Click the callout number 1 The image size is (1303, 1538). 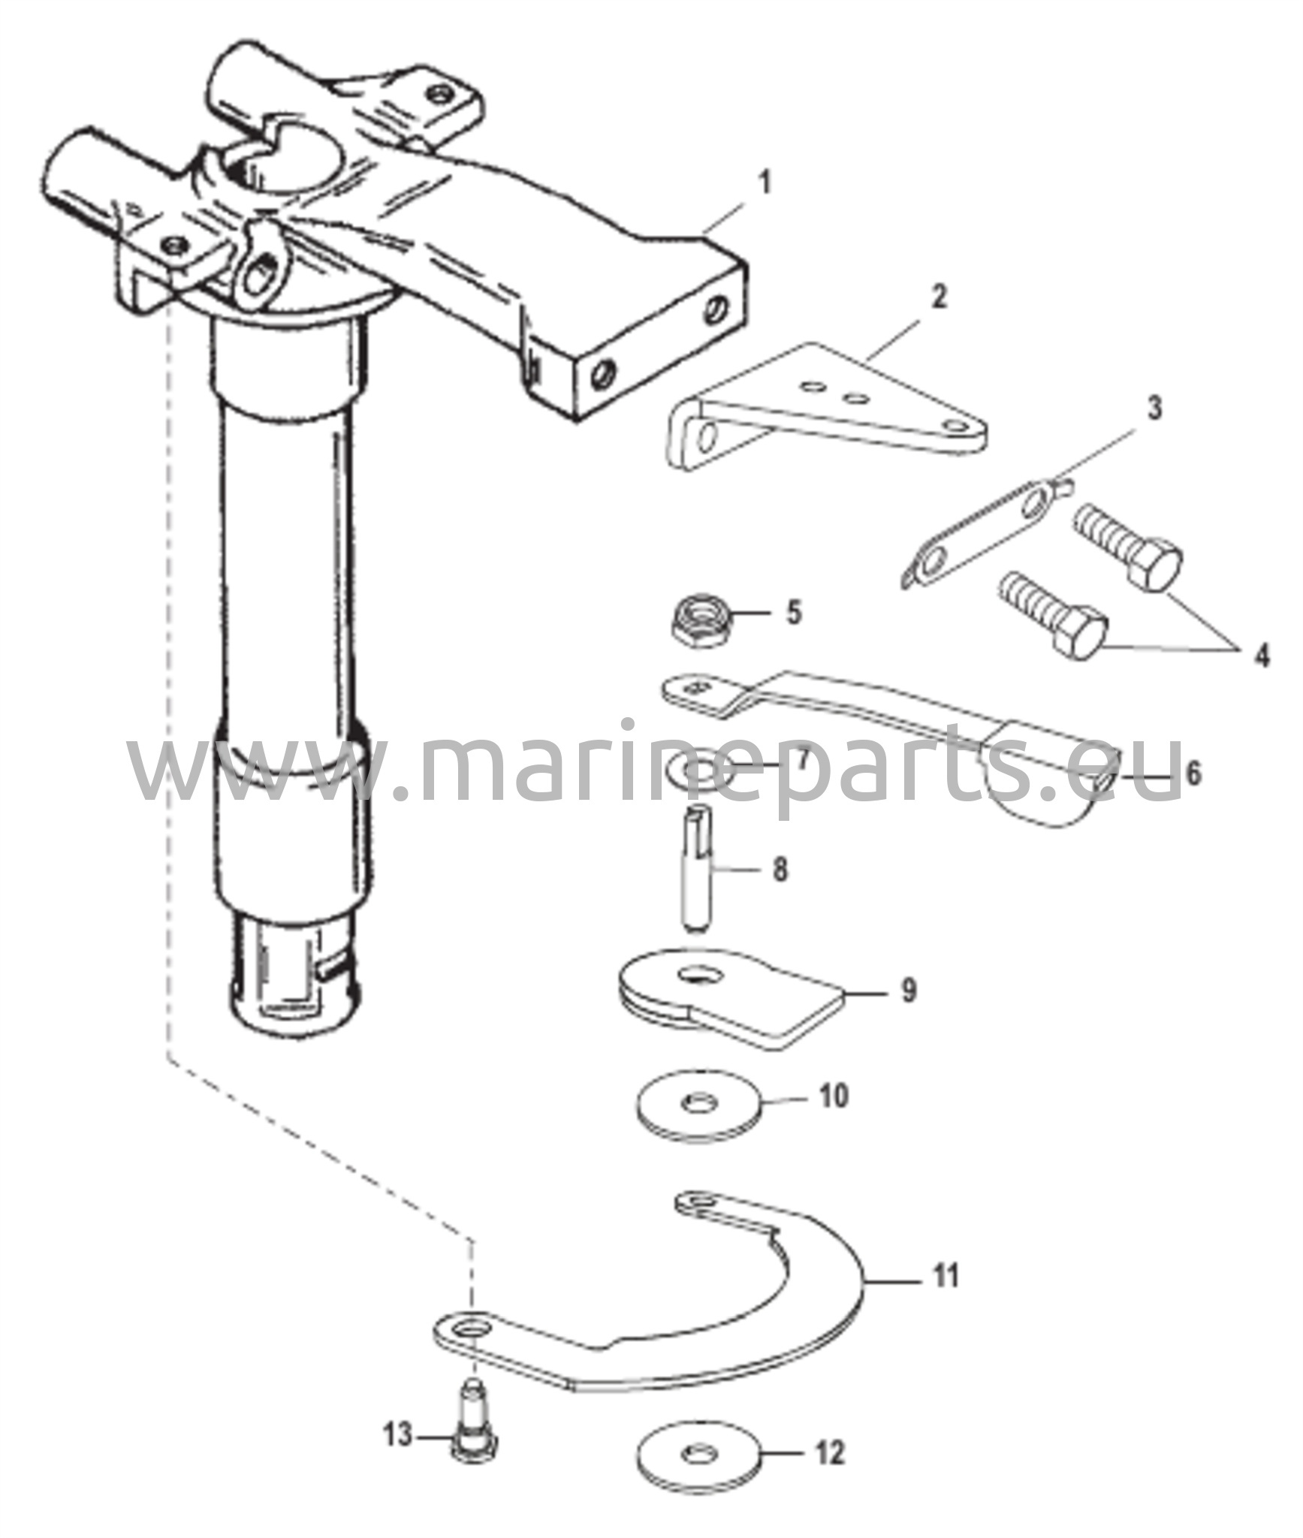point(765,183)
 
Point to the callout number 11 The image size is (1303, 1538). point(946,1276)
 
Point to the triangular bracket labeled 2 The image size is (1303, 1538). point(826,412)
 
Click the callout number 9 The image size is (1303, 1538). point(909,990)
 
